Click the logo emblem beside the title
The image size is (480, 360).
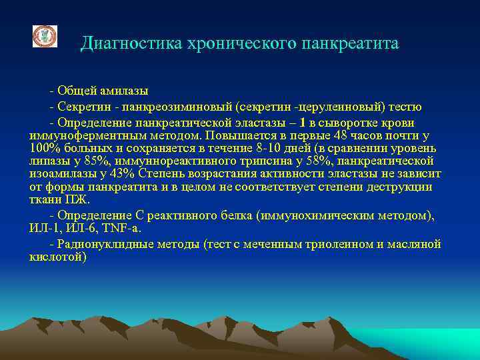point(45,36)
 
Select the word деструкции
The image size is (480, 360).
point(404,187)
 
